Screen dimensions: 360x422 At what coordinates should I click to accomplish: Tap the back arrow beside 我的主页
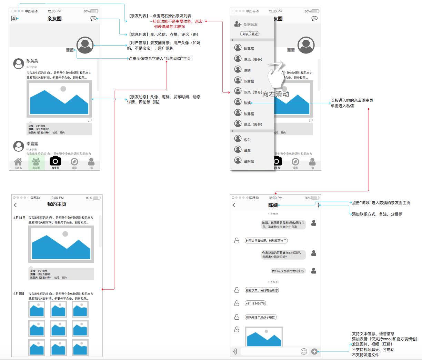tap(15, 205)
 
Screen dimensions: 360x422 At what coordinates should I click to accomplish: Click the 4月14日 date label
tap(19, 218)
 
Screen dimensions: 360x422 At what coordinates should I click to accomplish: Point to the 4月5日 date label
tap(19, 294)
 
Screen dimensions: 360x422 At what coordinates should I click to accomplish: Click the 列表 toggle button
tap(245, 34)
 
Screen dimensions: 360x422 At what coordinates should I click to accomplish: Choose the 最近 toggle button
tap(254, 34)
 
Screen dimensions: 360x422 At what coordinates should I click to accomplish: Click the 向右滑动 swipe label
tap(276, 94)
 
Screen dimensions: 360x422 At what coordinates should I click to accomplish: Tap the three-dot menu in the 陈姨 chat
tap(319, 205)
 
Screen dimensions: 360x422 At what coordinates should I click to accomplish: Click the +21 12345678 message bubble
tap(255, 303)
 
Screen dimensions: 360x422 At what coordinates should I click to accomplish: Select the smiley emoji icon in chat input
tap(304, 351)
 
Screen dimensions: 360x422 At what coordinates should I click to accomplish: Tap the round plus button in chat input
tap(314, 351)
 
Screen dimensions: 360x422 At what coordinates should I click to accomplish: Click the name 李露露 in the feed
tap(32, 144)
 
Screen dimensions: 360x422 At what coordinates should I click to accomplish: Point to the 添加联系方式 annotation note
tap(377, 214)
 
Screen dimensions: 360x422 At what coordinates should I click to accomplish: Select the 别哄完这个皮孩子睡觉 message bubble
tap(260, 317)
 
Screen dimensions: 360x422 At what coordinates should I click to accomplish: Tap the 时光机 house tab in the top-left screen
tap(18, 163)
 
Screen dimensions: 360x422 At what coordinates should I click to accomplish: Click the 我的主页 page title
tap(57, 204)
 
